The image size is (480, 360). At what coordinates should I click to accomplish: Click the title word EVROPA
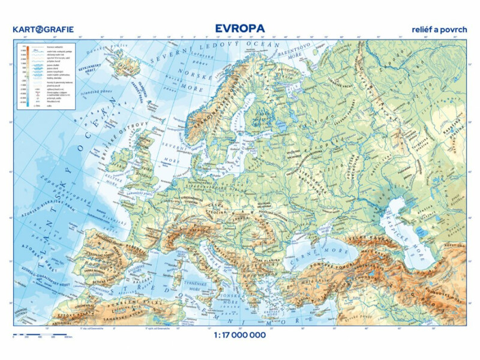pyautogui.click(x=240, y=29)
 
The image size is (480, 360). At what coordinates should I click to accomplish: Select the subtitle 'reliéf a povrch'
pyautogui.click(x=439, y=29)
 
